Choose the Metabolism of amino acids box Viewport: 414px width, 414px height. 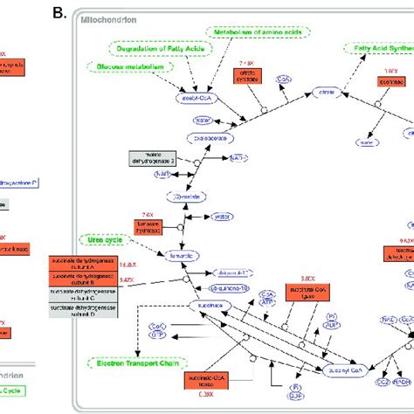pyautogui.click(x=256, y=31)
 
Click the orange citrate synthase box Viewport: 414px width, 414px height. pyautogui.click(x=248, y=78)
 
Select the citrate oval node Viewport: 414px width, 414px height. pyautogui.click(x=326, y=90)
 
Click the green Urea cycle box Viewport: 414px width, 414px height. pyautogui.click(x=100, y=238)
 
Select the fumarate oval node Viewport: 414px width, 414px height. pyautogui.click(x=183, y=257)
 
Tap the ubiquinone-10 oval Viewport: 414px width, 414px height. pyautogui.click(x=232, y=286)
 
